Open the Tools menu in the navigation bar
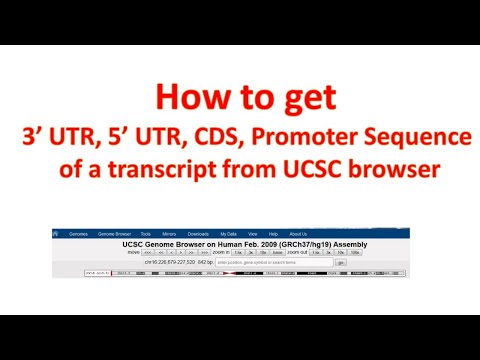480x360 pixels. click(145, 234)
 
